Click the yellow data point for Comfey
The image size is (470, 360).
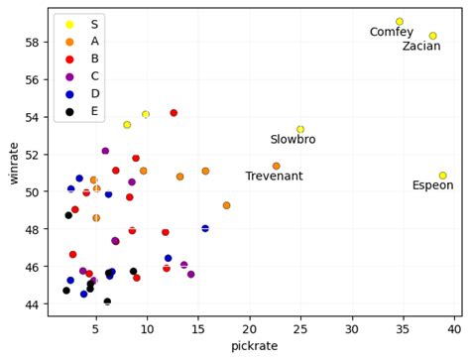click(x=427, y=22)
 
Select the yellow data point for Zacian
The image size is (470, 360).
click(x=460, y=36)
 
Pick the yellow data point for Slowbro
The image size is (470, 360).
click(x=300, y=129)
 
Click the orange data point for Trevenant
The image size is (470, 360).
click(x=276, y=166)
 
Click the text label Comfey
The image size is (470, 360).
click(x=391, y=33)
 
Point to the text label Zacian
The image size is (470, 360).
click(x=421, y=47)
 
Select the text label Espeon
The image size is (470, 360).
click(x=432, y=186)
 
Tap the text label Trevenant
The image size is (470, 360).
click(x=275, y=177)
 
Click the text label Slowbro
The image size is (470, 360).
click(x=293, y=140)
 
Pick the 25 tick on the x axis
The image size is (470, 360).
click(x=300, y=325)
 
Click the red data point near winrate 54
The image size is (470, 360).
click(x=174, y=113)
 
